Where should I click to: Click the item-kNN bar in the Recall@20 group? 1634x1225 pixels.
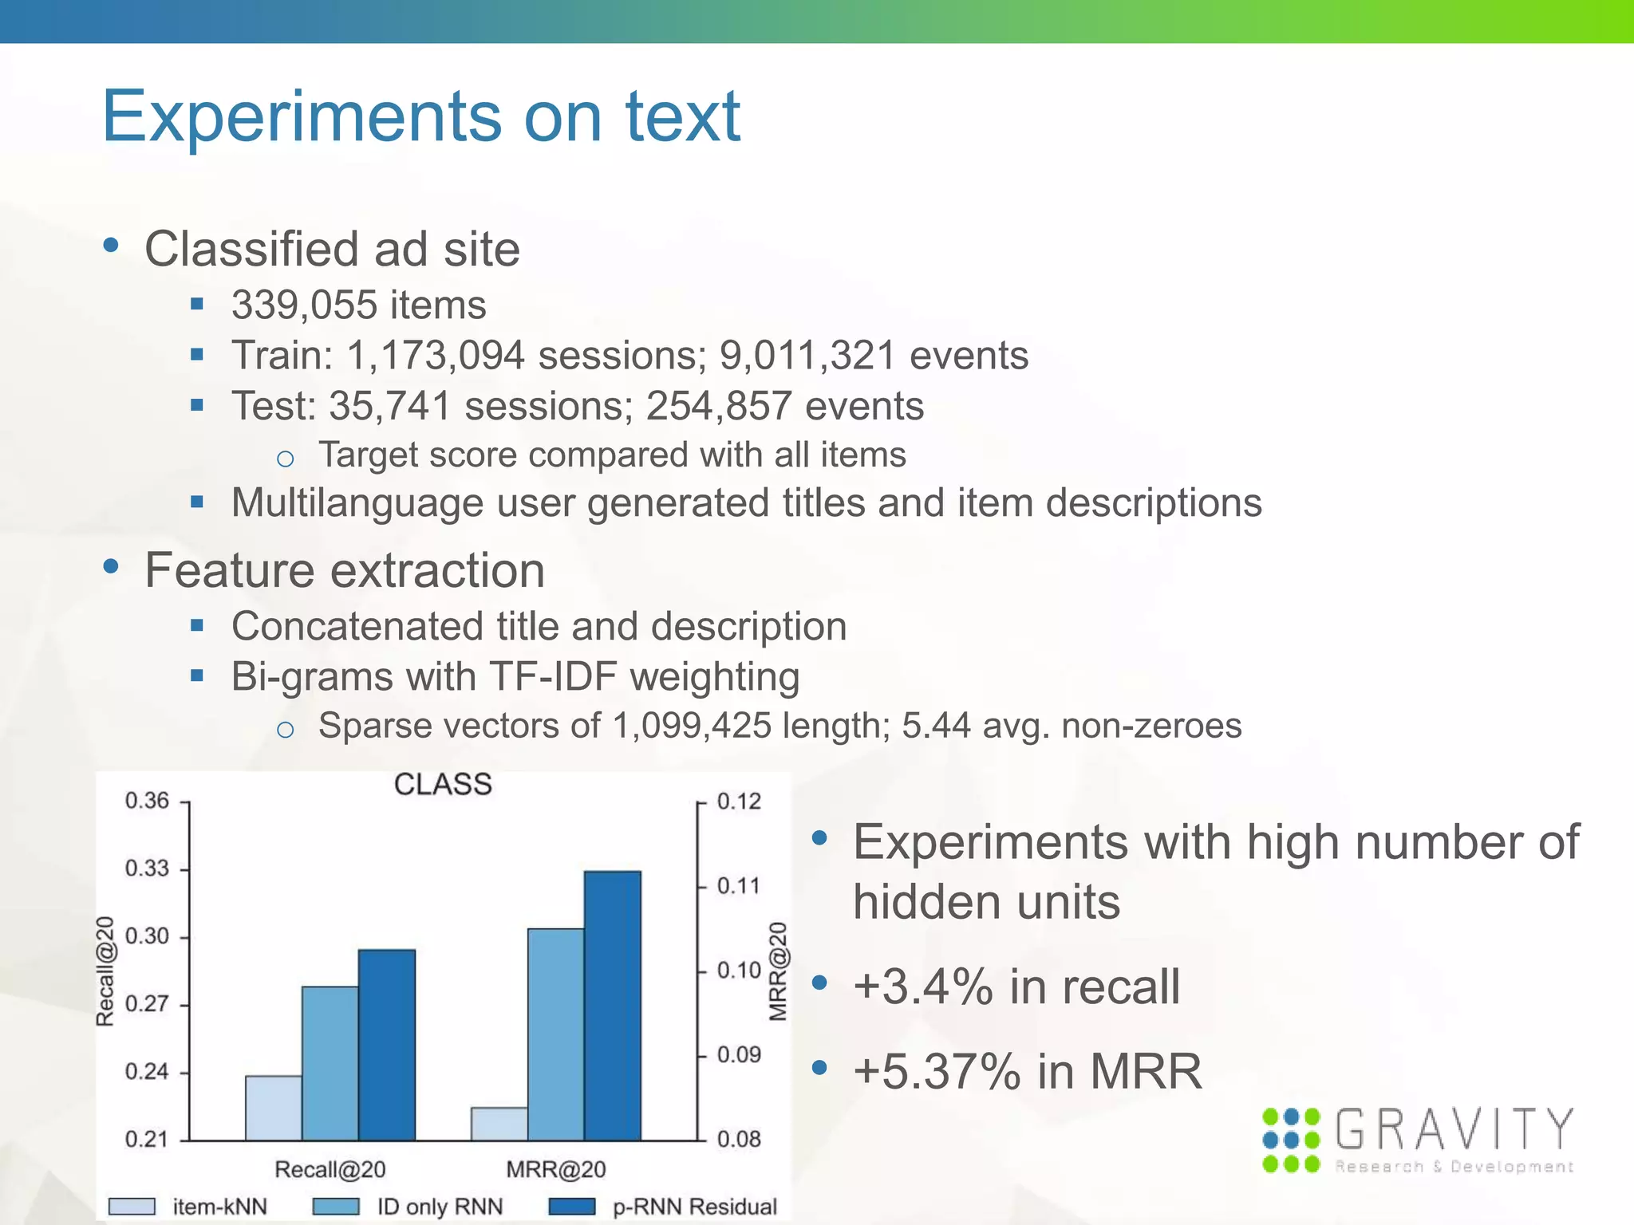point(274,1108)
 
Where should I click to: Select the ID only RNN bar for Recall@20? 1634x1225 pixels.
point(330,1063)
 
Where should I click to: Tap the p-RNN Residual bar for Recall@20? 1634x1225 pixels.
point(387,1045)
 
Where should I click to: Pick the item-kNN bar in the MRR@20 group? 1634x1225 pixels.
point(499,1124)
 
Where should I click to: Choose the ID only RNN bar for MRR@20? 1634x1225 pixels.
point(556,1034)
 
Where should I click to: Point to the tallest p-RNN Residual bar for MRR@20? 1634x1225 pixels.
point(613,1006)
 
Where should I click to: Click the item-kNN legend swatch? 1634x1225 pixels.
point(132,1206)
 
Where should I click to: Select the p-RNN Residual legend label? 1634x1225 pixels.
point(694,1207)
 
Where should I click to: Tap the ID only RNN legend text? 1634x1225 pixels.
point(440,1207)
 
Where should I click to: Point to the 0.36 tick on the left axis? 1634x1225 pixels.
point(148,801)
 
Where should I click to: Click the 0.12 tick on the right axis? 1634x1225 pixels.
point(739,802)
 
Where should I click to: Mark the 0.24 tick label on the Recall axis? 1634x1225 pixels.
point(148,1072)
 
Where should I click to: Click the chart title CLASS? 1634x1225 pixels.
point(443,785)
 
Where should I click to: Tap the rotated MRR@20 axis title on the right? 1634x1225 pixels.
point(778,971)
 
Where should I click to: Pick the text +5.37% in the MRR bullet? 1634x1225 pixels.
point(937,1071)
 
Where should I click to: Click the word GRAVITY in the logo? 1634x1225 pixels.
point(1454,1129)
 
